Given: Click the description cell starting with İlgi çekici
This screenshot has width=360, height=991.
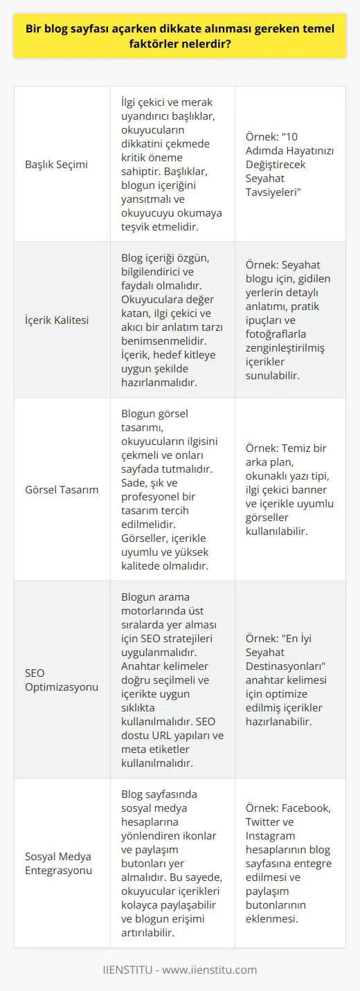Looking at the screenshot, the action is coord(172,164).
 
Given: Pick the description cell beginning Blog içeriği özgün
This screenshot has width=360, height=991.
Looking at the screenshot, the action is coord(172,320).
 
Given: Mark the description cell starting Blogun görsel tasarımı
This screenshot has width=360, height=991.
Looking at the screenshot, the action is coord(172,489).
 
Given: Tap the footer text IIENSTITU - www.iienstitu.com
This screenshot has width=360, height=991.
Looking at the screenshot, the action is coord(180,969).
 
